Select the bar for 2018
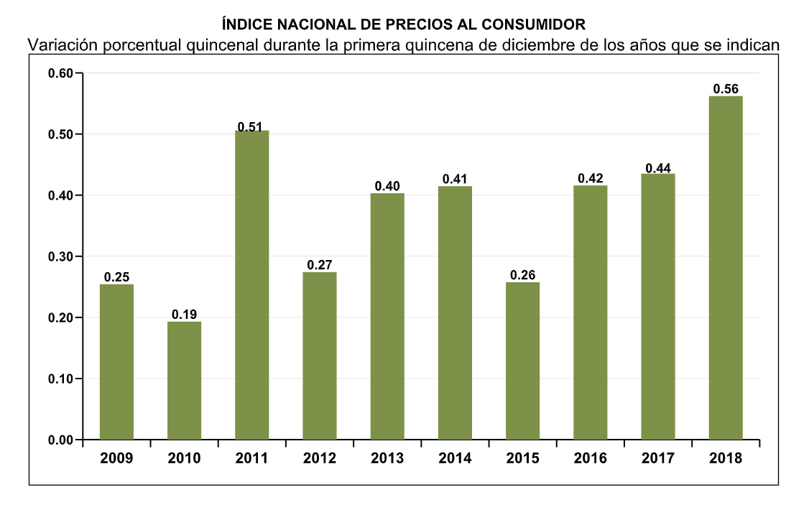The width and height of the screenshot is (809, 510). pyautogui.click(x=725, y=267)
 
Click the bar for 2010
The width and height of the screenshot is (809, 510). pyautogui.click(x=184, y=380)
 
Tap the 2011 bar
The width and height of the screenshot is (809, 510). pyautogui.click(x=251, y=284)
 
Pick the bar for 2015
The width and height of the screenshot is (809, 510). pyautogui.click(x=522, y=360)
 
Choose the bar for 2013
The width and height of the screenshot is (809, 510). pyautogui.click(x=387, y=316)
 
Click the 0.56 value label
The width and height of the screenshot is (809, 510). pyautogui.click(x=726, y=89)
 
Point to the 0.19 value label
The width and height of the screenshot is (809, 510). pyautogui.click(x=184, y=315)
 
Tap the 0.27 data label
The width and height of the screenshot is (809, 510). pyautogui.click(x=319, y=265)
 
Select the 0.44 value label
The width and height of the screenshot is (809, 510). pyautogui.click(x=658, y=168)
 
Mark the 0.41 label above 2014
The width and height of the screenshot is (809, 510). pyautogui.click(x=455, y=179)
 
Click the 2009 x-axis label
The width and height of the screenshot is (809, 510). pyautogui.click(x=116, y=458)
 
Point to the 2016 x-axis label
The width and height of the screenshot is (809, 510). pyautogui.click(x=590, y=458)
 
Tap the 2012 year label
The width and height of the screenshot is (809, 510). pyautogui.click(x=319, y=458)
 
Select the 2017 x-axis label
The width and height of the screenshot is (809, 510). pyautogui.click(x=657, y=458)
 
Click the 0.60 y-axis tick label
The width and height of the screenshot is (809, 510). pyautogui.click(x=60, y=73)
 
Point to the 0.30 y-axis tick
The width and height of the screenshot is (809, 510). pyautogui.click(x=60, y=256)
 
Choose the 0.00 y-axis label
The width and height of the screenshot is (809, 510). pyautogui.click(x=60, y=440)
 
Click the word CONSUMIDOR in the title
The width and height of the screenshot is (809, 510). pyautogui.click(x=544, y=24)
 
